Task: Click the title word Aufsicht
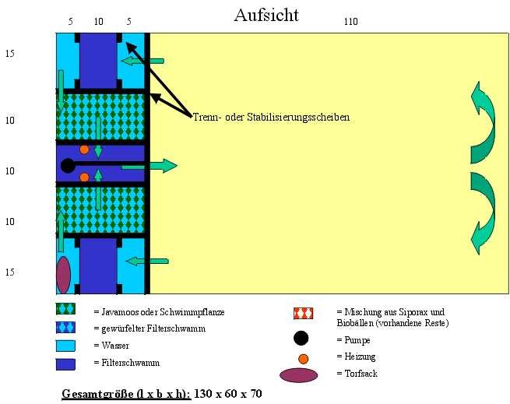point(266,15)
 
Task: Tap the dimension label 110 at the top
point(350,22)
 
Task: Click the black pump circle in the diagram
point(68,166)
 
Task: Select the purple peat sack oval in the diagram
point(63,275)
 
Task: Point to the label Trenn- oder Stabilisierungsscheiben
point(271,117)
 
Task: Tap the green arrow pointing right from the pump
point(149,166)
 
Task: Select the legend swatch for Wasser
point(65,346)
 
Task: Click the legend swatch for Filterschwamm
point(65,364)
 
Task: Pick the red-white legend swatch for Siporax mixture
point(303,313)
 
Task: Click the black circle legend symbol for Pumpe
point(301,339)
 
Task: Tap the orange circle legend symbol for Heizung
point(303,359)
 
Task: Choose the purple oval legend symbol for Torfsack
point(298,375)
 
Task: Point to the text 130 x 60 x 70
point(228,394)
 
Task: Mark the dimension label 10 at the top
point(99,22)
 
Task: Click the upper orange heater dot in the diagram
point(84,149)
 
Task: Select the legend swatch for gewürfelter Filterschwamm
point(65,327)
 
